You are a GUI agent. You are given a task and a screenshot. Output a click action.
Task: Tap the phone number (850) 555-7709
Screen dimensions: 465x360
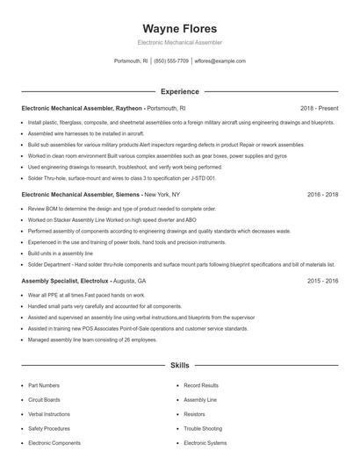pos(172,61)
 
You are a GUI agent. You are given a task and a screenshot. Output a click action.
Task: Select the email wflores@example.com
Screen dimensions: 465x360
pos(220,61)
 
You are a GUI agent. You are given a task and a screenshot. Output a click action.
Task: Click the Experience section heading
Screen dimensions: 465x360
pos(179,91)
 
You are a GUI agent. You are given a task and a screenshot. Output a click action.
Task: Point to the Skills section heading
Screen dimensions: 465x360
pos(179,364)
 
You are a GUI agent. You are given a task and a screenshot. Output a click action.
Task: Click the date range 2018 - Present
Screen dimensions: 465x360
pos(319,109)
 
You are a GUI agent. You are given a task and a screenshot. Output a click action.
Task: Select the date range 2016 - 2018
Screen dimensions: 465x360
pos(323,194)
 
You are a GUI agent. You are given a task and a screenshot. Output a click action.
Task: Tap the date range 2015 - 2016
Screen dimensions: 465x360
pos(323,281)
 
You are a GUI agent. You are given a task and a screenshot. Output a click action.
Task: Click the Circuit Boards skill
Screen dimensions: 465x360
pos(45,399)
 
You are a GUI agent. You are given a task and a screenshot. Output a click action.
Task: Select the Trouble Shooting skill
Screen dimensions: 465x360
pos(203,428)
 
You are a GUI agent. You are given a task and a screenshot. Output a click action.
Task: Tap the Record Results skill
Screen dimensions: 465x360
pos(201,385)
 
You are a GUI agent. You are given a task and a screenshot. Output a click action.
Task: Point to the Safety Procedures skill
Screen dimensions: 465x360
pos(49,428)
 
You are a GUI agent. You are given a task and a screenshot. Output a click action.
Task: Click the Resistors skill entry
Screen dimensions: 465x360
pos(194,413)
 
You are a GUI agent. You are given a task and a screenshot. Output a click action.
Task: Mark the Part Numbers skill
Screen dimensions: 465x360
pos(44,385)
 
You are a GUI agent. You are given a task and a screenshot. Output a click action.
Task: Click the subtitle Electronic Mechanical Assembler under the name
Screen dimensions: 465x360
pos(179,42)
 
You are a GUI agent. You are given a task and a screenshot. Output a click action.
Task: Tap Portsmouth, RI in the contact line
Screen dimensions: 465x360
pos(132,61)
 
